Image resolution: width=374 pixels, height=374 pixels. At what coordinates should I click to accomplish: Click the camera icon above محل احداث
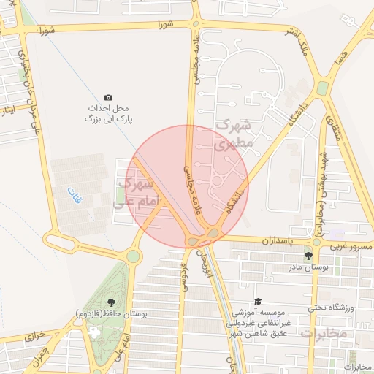109,97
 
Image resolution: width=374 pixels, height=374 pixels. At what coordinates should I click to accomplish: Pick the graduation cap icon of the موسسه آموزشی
257,301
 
